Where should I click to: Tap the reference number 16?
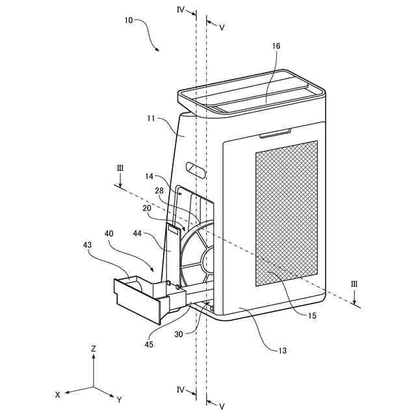[x=276, y=46]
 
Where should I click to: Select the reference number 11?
[x=150, y=119]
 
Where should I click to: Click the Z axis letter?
[x=94, y=349]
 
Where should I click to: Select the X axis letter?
[x=58, y=394]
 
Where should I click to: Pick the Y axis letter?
[x=119, y=398]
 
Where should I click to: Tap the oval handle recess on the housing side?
[x=195, y=168]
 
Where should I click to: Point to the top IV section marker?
[x=181, y=10]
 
